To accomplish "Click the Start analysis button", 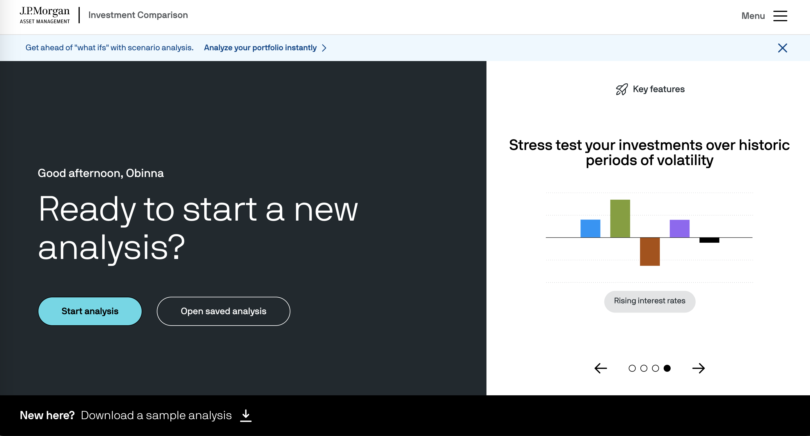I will pos(90,311).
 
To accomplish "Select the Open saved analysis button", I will pos(223,311).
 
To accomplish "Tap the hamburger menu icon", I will pos(780,16).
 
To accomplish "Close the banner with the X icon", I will pos(782,48).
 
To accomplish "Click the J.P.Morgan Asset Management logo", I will pos(45,15).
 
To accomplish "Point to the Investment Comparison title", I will pos(138,15).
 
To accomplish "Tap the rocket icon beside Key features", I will pos(622,89).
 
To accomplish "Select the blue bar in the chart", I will pos(590,228).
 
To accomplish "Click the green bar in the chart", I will pos(620,218).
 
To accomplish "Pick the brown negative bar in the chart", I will pos(650,252).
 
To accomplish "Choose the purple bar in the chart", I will pos(679,228).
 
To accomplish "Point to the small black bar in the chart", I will pos(709,240).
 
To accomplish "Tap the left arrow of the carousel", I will pos(601,368).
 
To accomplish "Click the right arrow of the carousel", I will pos(698,368).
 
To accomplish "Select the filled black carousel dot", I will pos(667,368).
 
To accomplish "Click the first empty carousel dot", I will pos(632,368).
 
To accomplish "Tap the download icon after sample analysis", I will pos(246,415).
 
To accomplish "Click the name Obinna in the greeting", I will pos(145,173).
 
